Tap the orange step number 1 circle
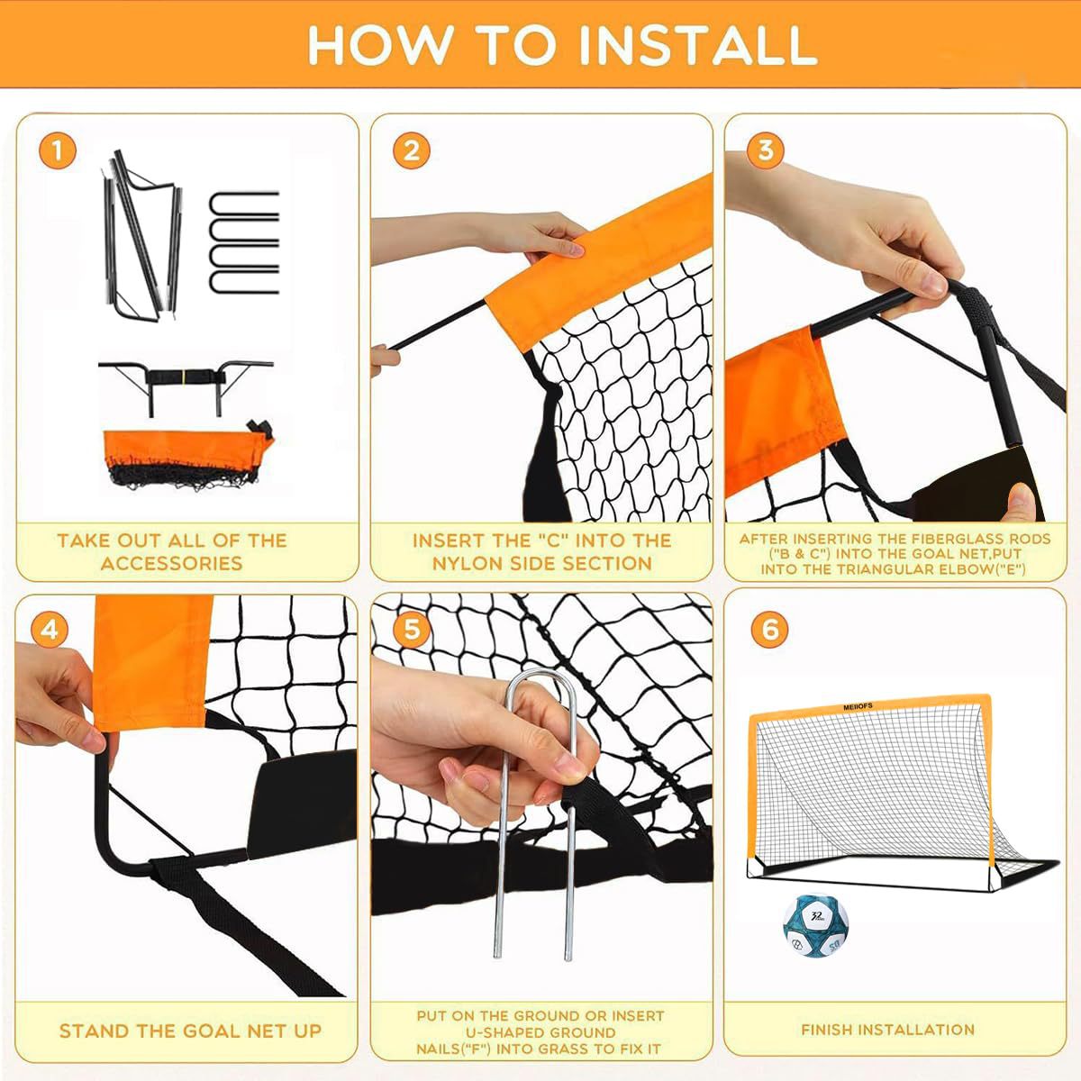tap(58, 150)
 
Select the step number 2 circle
tap(411, 150)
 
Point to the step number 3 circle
tap(765, 150)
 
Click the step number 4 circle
tap(50, 630)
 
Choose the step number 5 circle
tap(411, 630)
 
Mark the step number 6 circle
tap(769, 630)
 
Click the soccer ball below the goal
tap(815, 926)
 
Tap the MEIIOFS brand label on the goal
tap(858, 707)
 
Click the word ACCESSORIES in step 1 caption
tap(172, 563)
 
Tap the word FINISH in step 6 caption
tap(828, 1030)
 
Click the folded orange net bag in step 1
tap(188, 459)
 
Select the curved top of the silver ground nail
tap(535, 680)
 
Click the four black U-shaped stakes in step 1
tap(244, 242)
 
